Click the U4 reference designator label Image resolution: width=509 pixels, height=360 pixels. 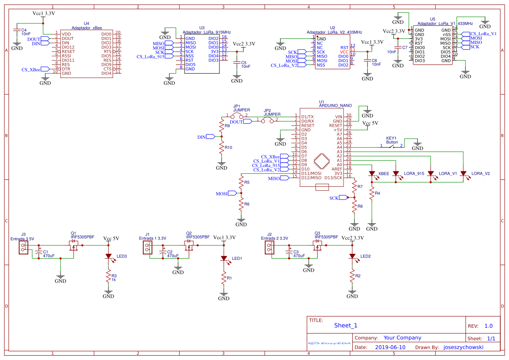86,24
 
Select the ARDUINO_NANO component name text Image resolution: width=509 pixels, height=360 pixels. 335,105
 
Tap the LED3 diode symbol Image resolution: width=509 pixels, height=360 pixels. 108,257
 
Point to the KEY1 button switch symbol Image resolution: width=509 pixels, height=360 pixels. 392,146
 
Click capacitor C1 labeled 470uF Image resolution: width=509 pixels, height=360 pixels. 39,252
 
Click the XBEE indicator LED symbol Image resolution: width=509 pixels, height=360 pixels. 372,173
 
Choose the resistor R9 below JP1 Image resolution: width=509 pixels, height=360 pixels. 222,126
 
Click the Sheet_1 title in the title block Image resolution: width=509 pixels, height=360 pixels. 346,325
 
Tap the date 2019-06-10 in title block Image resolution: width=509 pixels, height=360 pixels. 390,347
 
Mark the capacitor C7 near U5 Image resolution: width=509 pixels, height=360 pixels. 398,47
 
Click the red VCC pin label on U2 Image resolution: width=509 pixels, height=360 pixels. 344,52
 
